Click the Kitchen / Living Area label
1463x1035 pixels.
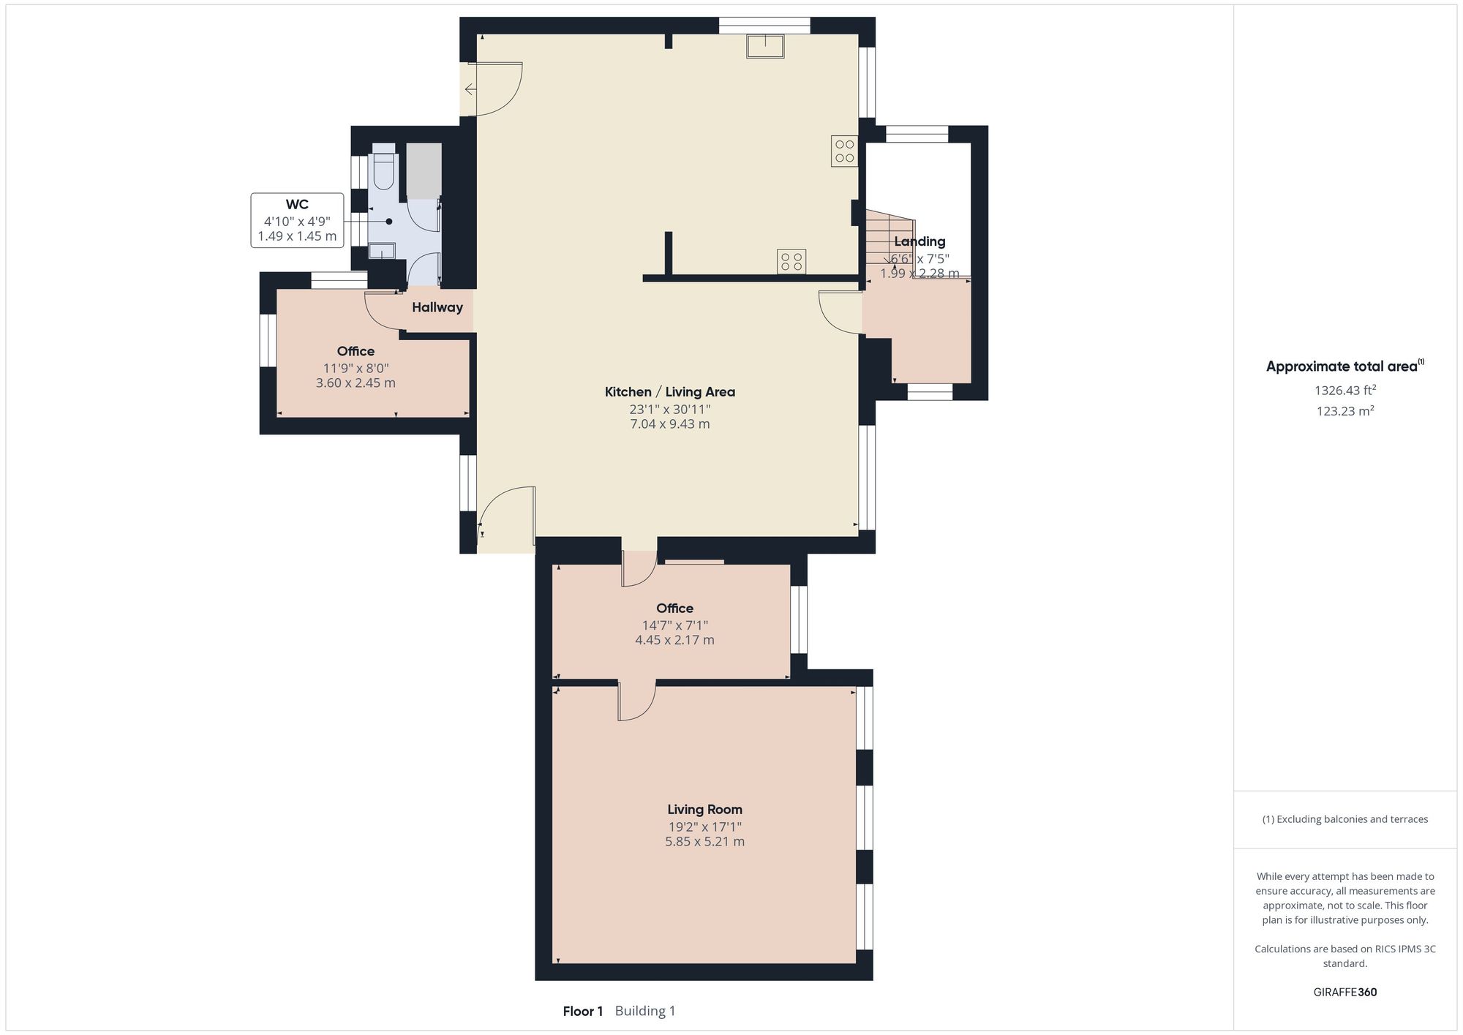pyautogui.click(x=669, y=392)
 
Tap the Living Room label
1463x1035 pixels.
pyautogui.click(x=704, y=810)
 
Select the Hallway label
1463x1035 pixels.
pyautogui.click(x=437, y=307)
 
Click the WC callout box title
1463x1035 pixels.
pyautogui.click(x=297, y=205)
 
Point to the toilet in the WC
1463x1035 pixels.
pyautogui.click(x=383, y=169)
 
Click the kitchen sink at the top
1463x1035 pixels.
pyautogui.click(x=765, y=46)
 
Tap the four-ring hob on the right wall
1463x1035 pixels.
pyautogui.click(x=844, y=151)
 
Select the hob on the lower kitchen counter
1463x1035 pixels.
pyautogui.click(x=791, y=261)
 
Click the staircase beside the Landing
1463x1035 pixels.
pyautogui.click(x=887, y=238)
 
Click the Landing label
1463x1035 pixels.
pyautogui.click(x=919, y=241)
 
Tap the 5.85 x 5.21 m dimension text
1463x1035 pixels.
pyautogui.click(x=704, y=842)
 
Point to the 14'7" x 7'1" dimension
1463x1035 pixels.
pyautogui.click(x=674, y=625)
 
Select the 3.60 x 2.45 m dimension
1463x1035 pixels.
pyautogui.click(x=356, y=383)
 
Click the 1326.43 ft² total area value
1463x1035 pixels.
pyautogui.click(x=1344, y=391)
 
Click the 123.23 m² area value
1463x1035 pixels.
pyautogui.click(x=1344, y=411)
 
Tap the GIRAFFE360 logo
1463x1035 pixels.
pyautogui.click(x=1344, y=993)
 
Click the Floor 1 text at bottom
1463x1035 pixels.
pyautogui.click(x=582, y=1012)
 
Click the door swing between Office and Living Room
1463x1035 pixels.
pyautogui.click(x=637, y=702)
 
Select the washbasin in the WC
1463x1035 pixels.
pyautogui.click(x=382, y=252)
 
